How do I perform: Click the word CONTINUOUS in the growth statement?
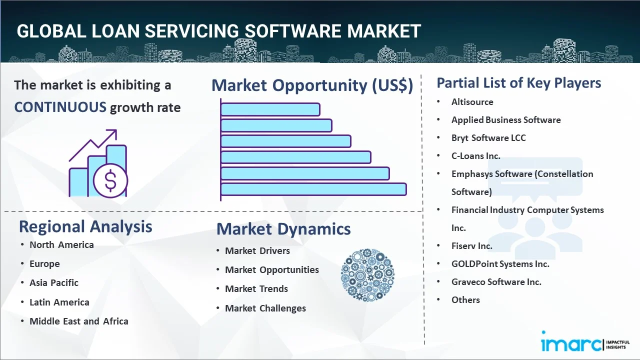pyautogui.click(x=60, y=107)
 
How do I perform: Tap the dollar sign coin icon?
pyautogui.click(x=110, y=180)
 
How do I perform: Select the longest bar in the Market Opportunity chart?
pyautogui.click(x=313, y=189)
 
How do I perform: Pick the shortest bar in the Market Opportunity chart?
pyautogui.click(x=270, y=109)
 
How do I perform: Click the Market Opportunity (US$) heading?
pyautogui.click(x=312, y=85)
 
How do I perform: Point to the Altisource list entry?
pyautogui.click(x=472, y=102)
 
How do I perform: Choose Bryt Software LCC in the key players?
pyautogui.click(x=488, y=138)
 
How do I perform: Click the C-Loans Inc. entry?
pyautogui.click(x=475, y=156)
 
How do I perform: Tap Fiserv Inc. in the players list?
pyautogui.click(x=471, y=246)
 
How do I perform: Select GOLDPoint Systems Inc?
pyautogui.click(x=500, y=264)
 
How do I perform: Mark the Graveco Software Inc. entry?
pyautogui.click(x=496, y=282)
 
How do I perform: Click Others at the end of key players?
pyautogui.click(x=465, y=300)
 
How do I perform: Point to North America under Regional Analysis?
pyautogui.click(x=61, y=245)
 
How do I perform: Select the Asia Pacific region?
pyautogui.click(x=54, y=283)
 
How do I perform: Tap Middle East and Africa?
pyautogui.click(x=79, y=321)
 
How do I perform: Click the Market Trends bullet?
pyautogui.click(x=256, y=289)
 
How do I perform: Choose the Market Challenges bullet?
pyautogui.click(x=265, y=308)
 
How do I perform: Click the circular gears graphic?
pyautogui.click(x=367, y=275)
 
